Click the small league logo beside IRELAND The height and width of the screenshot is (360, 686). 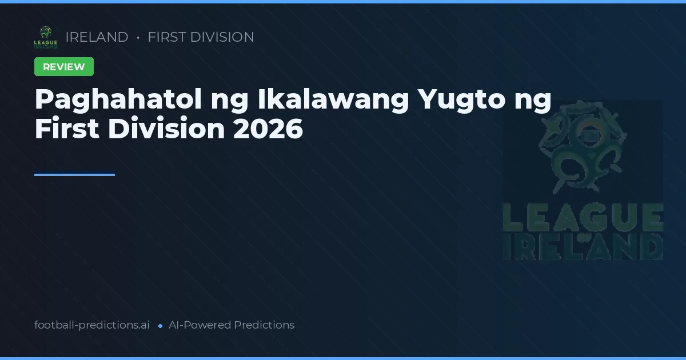[46, 37]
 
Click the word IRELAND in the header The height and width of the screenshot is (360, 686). [97, 37]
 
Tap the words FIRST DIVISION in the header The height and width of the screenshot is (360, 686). [201, 37]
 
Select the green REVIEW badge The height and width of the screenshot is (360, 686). [64, 67]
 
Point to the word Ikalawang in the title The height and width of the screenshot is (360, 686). [333, 101]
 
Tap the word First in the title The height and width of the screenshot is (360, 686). [67, 129]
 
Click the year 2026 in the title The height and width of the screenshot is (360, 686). [268, 129]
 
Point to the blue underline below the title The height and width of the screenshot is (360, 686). [74, 175]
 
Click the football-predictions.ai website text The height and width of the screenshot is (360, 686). [92, 325]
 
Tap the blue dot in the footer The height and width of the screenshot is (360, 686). [160, 326]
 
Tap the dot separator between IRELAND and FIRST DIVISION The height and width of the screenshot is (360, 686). [138, 38]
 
